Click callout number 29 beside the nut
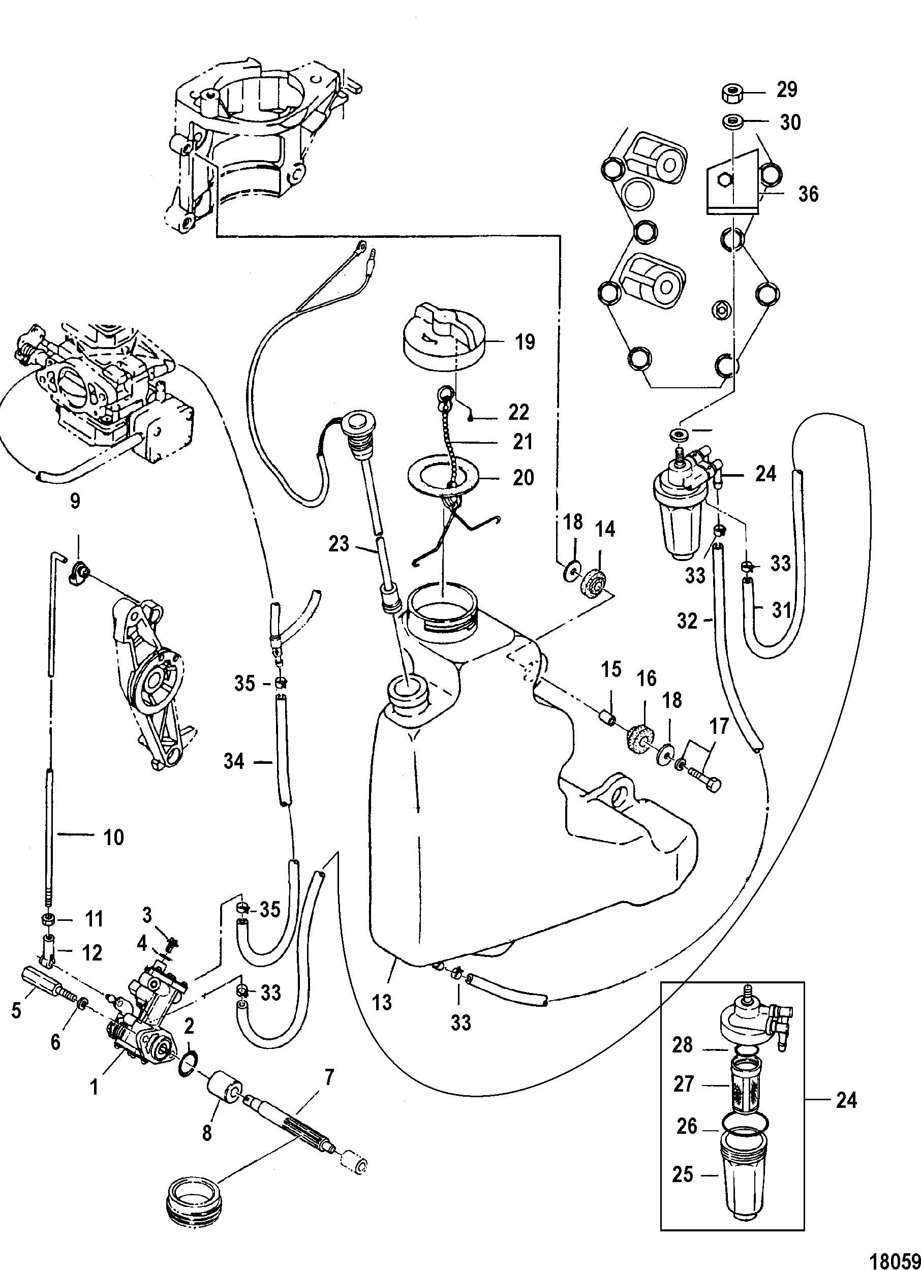(787, 89)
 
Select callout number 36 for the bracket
(808, 194)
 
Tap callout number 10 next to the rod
(114, 853)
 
